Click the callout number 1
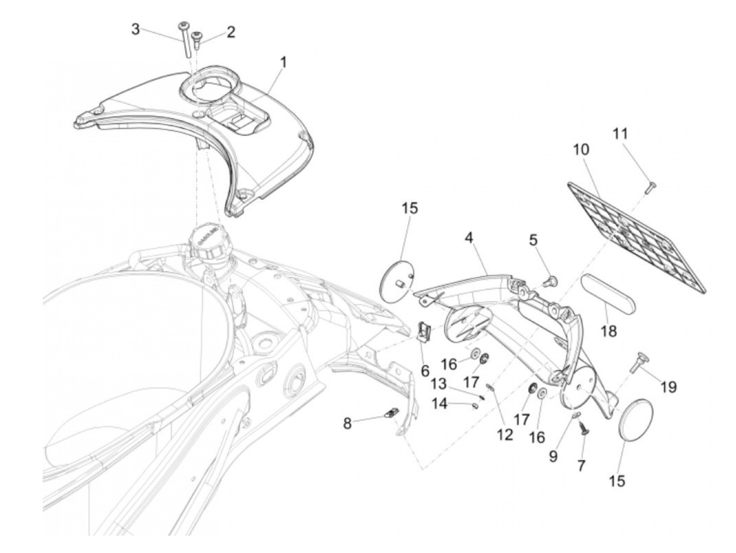point(283,63)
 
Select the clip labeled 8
point(391,414)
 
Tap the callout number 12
point(505,434)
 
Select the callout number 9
point(553,456)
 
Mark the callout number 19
point(668,387)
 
